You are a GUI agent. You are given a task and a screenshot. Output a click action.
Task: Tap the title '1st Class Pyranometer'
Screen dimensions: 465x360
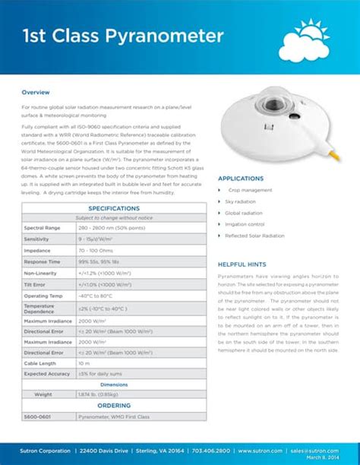click(122, 36)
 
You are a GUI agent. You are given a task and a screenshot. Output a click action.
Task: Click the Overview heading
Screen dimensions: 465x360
click(36, 92)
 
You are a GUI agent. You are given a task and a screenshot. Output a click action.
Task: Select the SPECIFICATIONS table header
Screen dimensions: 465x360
click(114, 208)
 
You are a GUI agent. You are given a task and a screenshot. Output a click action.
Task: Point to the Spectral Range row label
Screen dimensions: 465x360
click(42, 228)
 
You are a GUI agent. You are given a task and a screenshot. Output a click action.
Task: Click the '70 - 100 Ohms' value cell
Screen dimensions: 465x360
click(94, 250)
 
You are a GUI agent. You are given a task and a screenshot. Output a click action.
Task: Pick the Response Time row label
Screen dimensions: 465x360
click(42, 261)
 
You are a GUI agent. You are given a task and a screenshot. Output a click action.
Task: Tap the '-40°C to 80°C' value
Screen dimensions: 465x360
click(96, 296)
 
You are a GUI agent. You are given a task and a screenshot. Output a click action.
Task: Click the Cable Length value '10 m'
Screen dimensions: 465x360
click(84, 363)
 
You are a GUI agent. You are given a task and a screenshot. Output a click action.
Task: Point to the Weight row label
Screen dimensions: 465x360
click(44, 394)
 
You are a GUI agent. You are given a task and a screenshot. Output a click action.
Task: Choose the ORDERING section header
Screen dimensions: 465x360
click(114, 405)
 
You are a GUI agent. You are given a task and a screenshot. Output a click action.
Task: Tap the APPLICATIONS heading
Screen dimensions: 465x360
click(241, 179)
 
